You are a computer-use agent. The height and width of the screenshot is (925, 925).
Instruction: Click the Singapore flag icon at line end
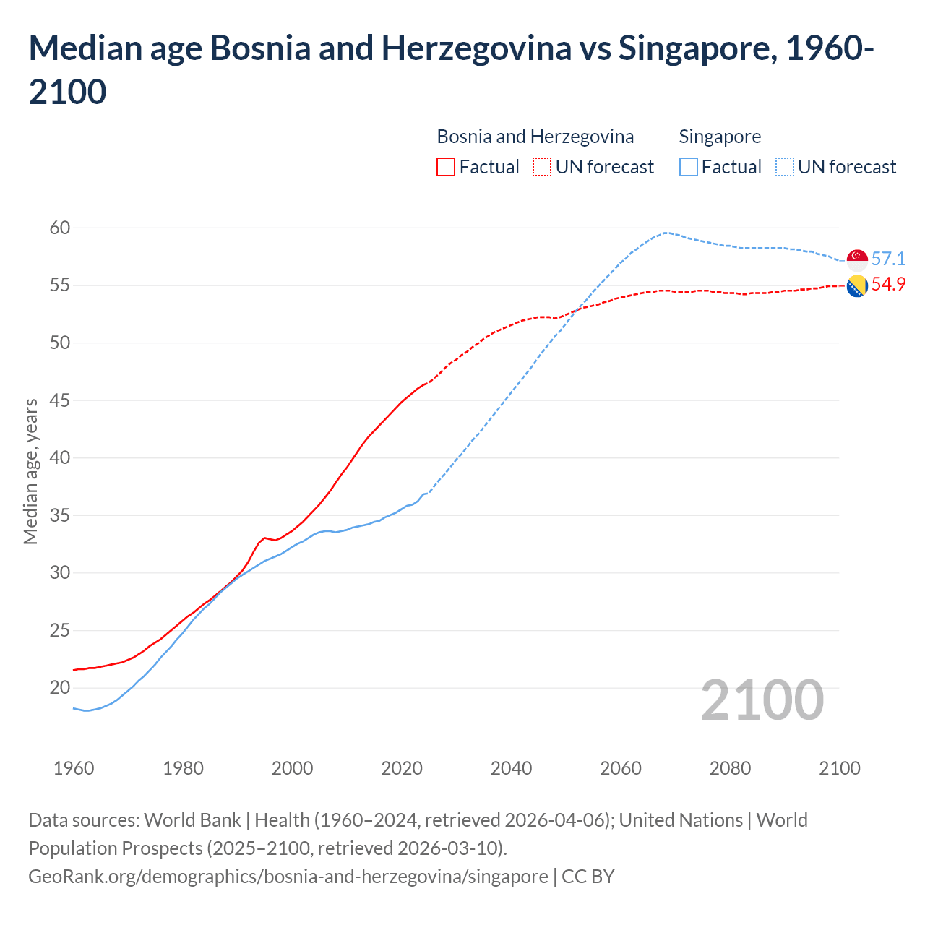click(x=857, y=259)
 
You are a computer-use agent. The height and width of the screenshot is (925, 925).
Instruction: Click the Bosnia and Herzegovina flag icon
click(x=857, y=286)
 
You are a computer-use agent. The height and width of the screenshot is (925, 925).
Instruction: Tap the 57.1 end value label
click(x=888, y=259)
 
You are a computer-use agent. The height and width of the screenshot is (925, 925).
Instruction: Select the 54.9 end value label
click(x=888, y=284)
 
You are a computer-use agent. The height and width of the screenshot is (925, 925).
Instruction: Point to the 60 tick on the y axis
click(x=60, y=228)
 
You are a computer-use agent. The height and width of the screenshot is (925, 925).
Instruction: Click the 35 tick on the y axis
click(x=60, y=516)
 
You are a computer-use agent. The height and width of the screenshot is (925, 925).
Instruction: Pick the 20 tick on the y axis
click(x=60, y=688)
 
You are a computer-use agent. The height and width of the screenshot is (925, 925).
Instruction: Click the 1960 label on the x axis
click(x=74, y=768)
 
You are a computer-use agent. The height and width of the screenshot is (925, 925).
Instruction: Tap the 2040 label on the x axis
click(x=511, y=768)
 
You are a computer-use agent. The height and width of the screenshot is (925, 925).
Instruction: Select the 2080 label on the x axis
click(x=730, y=768)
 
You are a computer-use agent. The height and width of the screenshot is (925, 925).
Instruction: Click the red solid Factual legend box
click(x=446, y=167)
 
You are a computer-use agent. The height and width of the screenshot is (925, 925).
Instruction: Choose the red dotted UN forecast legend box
click(x=542, y=167)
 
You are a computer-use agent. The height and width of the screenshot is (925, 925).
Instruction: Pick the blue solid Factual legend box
click(x=689, y=167)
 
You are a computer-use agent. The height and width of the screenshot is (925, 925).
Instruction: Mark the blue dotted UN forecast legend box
click(x=785, y=167)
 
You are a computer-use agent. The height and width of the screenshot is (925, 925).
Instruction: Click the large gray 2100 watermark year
click(x=762, y=700)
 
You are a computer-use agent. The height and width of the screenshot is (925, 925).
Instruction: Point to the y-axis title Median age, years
click(x=30, y=471)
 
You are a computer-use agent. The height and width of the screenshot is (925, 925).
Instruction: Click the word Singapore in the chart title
click(x=697, y=48)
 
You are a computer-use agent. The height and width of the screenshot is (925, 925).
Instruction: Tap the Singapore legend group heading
click(x=720, y=137)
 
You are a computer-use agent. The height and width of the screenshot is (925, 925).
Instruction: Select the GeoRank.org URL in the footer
click(x=288, y=877)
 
